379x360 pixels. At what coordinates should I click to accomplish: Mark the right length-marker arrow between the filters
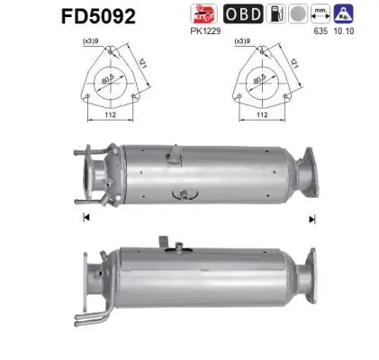click(x=311, y=219)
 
